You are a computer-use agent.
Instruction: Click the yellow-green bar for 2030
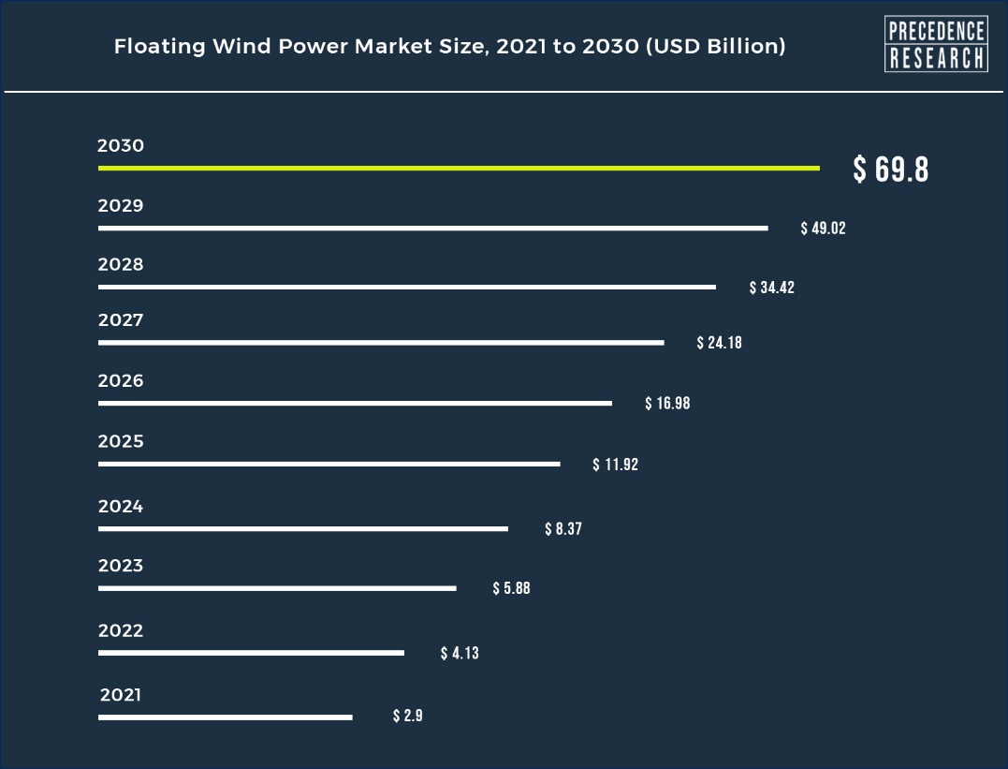click(x=459, y=168)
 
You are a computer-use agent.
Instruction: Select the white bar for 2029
click(x=432, y=228)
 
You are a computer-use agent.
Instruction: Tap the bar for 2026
click(x=355, y=403)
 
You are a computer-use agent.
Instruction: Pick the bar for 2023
click(x=277, y=588)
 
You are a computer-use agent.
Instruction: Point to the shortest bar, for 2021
click(x=225, y=717)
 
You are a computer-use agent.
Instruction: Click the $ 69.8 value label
click(x=890, y=170)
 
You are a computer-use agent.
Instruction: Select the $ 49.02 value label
click(x=823, y=229)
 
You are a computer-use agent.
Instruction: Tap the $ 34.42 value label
click(x=771, y=288)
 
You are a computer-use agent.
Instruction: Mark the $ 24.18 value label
click(x=719, y=343)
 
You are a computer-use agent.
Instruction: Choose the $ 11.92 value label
click(x=615, y=465)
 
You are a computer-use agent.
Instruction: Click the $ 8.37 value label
click(x=563, y=529)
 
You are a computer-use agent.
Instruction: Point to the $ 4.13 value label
click(x=460, y=653)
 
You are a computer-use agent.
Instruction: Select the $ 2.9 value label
click(x=408, y=717)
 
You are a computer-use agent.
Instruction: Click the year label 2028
click(x=121, y=265)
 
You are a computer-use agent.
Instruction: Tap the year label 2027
click(x=121, y=320)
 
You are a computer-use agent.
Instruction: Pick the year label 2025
click(x=121, y=441)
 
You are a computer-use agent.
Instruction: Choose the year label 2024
click(x=121, y=507)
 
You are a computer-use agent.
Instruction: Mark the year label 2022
click(x=121, y=630)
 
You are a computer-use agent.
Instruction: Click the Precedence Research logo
click(x=935, y=44)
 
